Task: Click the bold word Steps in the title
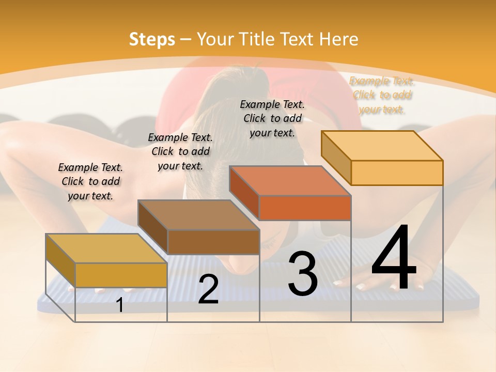(151, 39)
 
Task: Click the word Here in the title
(338, 39)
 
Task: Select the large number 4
(394, 258)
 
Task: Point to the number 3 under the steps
(303, 273)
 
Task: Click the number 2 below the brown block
(208, 289)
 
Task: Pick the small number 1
(119, 305)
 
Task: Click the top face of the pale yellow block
(382, 145)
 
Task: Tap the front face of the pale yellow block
(397, 173)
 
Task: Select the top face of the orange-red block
(290, 180)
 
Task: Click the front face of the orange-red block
(305, 208)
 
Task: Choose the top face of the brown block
(198, 214)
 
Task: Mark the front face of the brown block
(213, 242)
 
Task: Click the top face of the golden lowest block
(106, 248)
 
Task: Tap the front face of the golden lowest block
(121, 275)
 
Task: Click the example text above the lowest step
(90, 181)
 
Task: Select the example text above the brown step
(180, 151)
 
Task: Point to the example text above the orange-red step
(272, 118)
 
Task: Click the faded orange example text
(382, 95)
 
